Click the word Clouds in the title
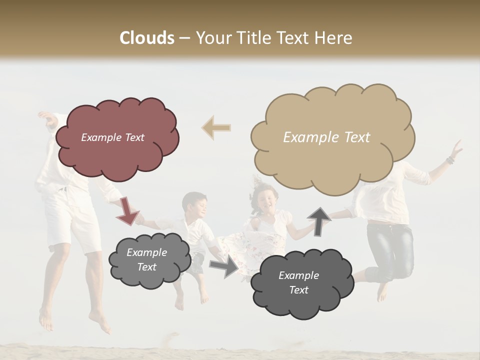(147, 38)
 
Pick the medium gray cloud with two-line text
(149, 260)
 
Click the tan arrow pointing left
(216, 128)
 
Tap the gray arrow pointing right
(224, 266)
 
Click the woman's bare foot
(382, 292)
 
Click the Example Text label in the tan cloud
(326, 137)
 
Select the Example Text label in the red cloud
(112, 137)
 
